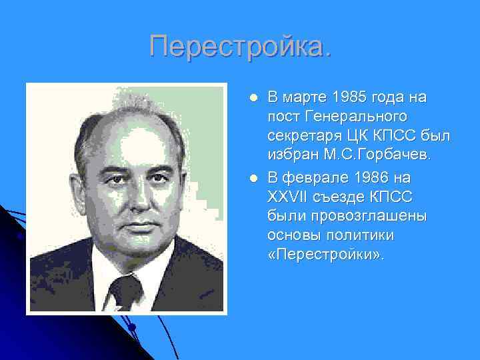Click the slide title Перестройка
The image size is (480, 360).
click(239, 47)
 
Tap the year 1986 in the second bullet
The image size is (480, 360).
click(363, 178)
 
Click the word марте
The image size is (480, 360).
click(303, 98)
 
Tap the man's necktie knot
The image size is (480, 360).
click(125, 287)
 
